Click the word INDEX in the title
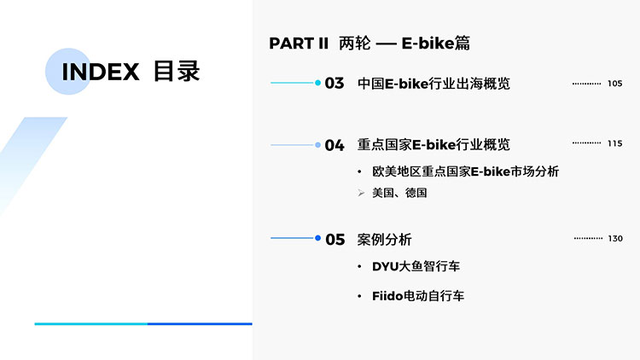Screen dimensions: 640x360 coord(101,72)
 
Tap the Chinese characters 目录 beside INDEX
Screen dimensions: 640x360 coord(177,72)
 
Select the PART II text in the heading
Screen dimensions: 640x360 coord(299,44)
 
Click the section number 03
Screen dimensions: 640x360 coord(335,84)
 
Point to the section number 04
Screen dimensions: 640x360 coord(335,145)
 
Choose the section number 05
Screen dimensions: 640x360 coord(335,240)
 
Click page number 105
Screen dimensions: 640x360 coord(614,84)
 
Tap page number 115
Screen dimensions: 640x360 coord(614,143)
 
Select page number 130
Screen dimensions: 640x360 coord(615,238)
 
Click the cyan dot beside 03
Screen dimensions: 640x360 coord(317,83)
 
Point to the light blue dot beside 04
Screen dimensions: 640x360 coord(317,145)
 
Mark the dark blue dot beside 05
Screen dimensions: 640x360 coord(317,238)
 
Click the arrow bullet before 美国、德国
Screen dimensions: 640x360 coord(361,193)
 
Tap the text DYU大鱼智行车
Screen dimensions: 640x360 coord(416,266)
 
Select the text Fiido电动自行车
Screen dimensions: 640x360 coord(418,296)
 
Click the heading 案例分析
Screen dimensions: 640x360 coord(384,240)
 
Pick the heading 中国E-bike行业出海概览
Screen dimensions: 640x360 coord(433,84)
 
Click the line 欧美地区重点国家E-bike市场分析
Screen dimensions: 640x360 coord(465,171)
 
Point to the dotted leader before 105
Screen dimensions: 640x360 coord(586,84)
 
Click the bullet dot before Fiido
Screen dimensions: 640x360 coord(359,296)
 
